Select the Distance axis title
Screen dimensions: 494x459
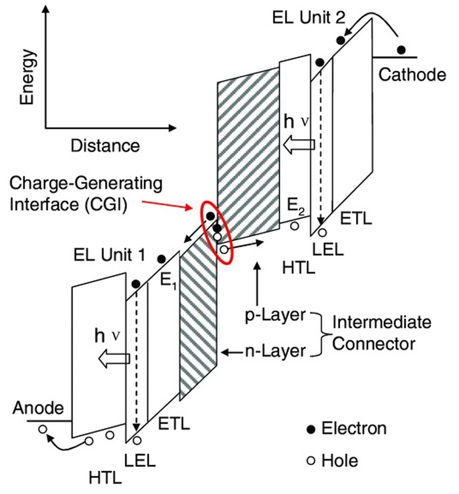click(x=105, y=145)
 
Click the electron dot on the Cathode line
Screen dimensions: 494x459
click(x=401, y=50)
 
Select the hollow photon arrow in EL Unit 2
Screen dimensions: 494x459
click(x=299, y=144)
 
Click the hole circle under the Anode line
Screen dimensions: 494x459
click(x=42, y=429)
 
